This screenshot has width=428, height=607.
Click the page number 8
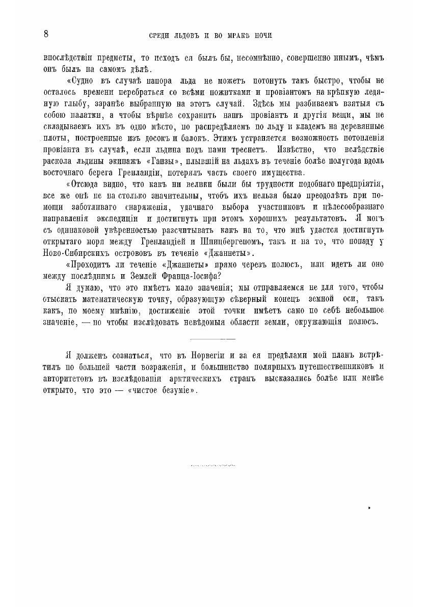click(46, 34)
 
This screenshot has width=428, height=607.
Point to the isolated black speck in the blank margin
click(368, 508)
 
